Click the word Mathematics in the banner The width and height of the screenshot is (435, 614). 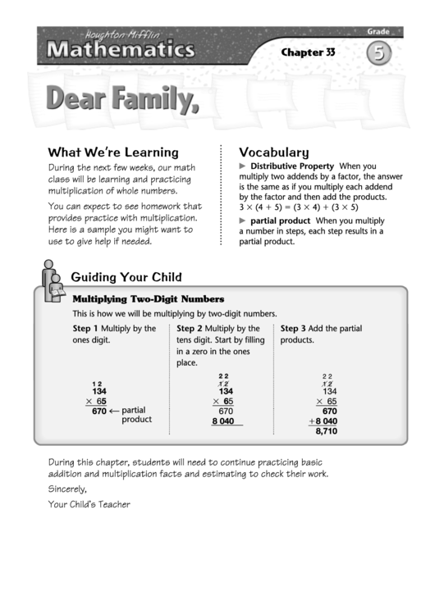click(120, 51)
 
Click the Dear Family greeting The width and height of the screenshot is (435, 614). click(123, 99)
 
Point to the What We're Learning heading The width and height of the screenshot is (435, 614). click(113, 152)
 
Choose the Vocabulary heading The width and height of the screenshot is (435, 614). click(273, 152)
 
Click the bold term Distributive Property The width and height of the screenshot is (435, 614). click(291, 166)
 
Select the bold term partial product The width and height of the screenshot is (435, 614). click(280, 221)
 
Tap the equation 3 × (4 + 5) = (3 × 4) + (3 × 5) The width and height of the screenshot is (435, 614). click(299, 207)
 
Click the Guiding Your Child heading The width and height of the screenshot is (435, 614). click(126, 277)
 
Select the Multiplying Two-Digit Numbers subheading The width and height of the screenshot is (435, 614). click(149, 299)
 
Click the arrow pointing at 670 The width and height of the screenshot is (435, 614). click(114, 411)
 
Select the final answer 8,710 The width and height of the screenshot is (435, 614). click(326, 430)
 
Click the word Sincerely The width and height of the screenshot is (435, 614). click(67, 489)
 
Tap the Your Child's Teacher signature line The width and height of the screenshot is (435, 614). click(89, 504)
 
